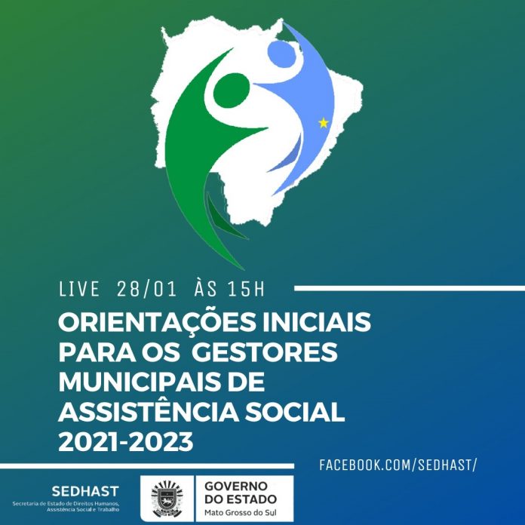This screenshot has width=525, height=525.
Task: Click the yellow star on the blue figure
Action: (x=324, y=123)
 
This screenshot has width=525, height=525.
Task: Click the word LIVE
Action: (x=79, y=290)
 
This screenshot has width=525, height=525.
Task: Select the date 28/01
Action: (x=146, y=290)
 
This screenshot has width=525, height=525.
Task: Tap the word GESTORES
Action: (x=265, y=352)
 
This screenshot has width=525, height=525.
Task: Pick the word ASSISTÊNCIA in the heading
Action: (x=149, y=411)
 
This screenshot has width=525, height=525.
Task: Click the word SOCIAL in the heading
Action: (x=295, y=412)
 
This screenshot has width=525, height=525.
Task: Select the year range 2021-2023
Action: (x=126, y=441)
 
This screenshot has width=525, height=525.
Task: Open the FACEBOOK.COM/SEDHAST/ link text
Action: (x=398, y=465)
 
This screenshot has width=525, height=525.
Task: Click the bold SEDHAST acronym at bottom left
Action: (x=85, y=492)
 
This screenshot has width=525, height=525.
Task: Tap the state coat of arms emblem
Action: (x=167, y=499)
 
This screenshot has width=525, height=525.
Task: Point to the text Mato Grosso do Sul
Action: (x=241, y=513)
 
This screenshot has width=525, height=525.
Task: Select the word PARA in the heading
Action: (x=97, y=352)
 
